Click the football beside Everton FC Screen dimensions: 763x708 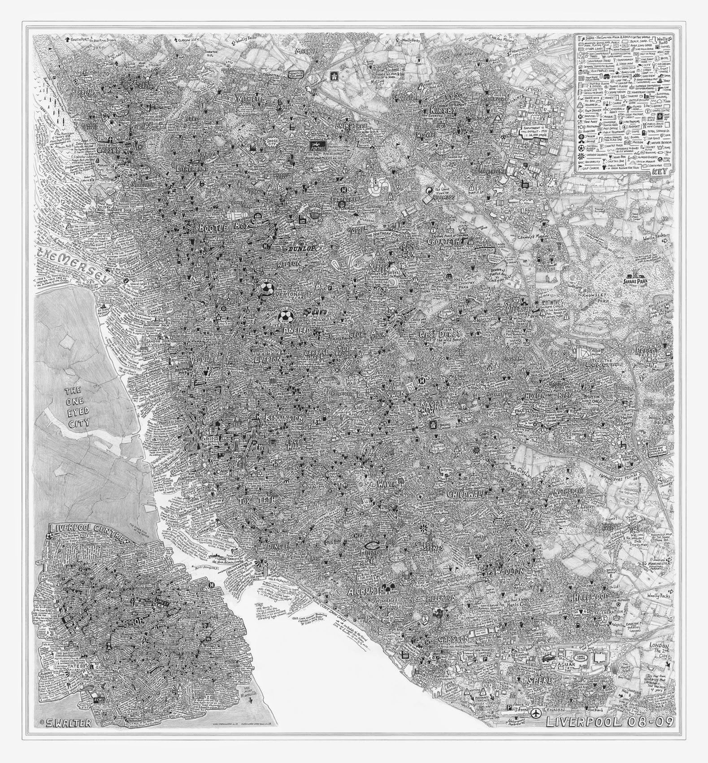tap(267, 288)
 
